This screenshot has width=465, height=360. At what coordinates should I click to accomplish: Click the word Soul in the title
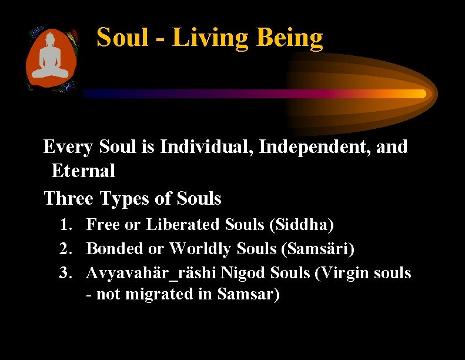point(122,38)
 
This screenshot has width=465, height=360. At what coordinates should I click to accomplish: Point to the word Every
point(68,147)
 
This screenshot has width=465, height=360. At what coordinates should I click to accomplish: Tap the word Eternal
point(83,171)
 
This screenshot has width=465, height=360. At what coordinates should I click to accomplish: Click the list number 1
point(65,224)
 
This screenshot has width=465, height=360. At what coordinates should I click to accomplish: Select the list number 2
point(65,249)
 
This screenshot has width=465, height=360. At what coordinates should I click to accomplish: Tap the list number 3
point(65,274)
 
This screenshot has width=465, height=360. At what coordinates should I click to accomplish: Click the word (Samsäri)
point(317,249)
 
